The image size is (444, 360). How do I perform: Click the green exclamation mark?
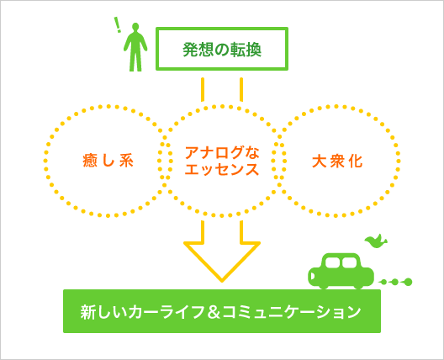118,25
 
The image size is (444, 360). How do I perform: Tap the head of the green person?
135,27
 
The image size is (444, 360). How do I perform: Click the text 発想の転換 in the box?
222,50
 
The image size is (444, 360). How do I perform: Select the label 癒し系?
108,161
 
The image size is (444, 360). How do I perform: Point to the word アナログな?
222,152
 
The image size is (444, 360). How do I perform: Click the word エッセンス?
222,169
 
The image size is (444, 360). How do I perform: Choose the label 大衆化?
337,161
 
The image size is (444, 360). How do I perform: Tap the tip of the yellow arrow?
222,281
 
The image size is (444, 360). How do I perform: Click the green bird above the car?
376,241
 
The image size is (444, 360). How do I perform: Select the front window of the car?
332,262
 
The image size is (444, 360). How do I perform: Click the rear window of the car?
350,262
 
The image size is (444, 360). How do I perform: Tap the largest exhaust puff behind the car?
409,282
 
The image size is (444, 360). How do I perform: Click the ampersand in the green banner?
213,312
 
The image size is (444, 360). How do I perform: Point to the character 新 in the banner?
87,312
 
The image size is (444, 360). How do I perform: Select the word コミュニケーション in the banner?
291,312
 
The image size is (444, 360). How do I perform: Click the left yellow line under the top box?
203,89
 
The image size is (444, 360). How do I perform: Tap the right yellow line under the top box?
241,89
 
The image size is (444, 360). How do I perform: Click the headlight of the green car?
312,276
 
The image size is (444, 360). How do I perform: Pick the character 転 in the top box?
237,50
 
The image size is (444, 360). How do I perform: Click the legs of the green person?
135,61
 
